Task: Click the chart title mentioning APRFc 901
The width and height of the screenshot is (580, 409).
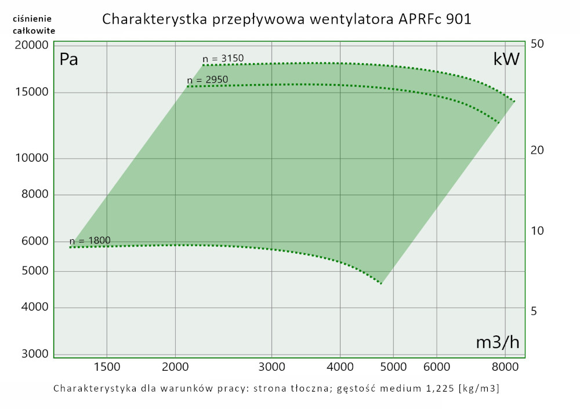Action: (287, 19)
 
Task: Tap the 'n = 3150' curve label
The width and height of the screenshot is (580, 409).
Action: (223, 59)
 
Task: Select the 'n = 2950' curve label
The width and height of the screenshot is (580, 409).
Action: (208, 80)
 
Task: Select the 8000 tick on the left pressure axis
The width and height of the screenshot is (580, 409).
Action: (33, 195)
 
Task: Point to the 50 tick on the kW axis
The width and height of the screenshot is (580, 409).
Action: (536, 45)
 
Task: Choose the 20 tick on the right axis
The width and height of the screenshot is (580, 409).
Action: (536, 150)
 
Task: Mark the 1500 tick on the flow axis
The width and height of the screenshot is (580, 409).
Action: (107, 367)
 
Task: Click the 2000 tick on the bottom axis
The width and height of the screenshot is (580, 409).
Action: (176, 367)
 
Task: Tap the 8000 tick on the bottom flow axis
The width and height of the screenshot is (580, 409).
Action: (505, 367)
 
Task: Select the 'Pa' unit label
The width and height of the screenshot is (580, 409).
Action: (69, 60)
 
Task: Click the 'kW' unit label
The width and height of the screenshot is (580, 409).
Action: (506, 60)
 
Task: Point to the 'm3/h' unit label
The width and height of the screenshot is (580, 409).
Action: (497, 342)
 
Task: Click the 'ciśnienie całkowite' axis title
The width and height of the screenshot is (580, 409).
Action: (34, 24)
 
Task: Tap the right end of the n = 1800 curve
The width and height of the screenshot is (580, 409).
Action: (381, 283)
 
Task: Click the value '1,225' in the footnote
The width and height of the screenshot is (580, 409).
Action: (441, 388)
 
